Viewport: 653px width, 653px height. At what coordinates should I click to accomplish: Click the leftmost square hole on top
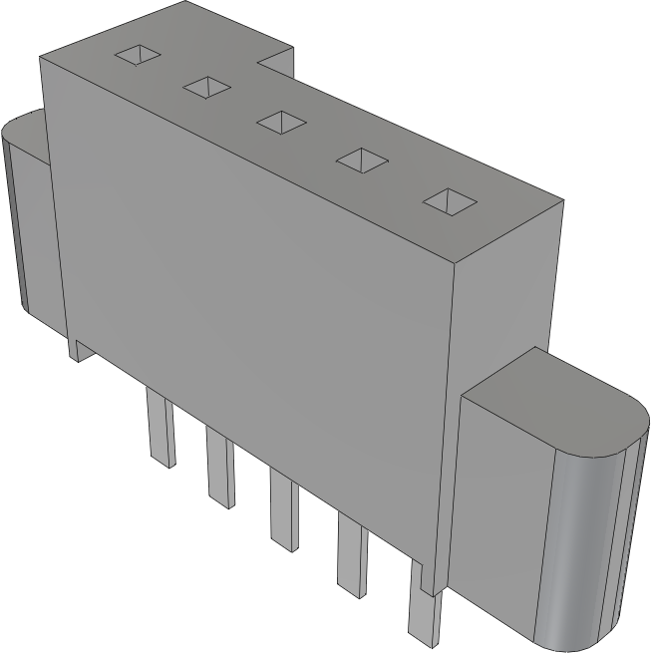coord(138,56)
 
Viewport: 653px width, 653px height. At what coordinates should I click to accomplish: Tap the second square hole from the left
coord(206,88)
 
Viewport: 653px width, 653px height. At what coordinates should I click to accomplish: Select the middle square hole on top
coord(281,122)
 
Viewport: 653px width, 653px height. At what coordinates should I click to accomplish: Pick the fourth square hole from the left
coord(361,160)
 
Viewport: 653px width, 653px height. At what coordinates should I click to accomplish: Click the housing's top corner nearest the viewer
coord(454,261)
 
